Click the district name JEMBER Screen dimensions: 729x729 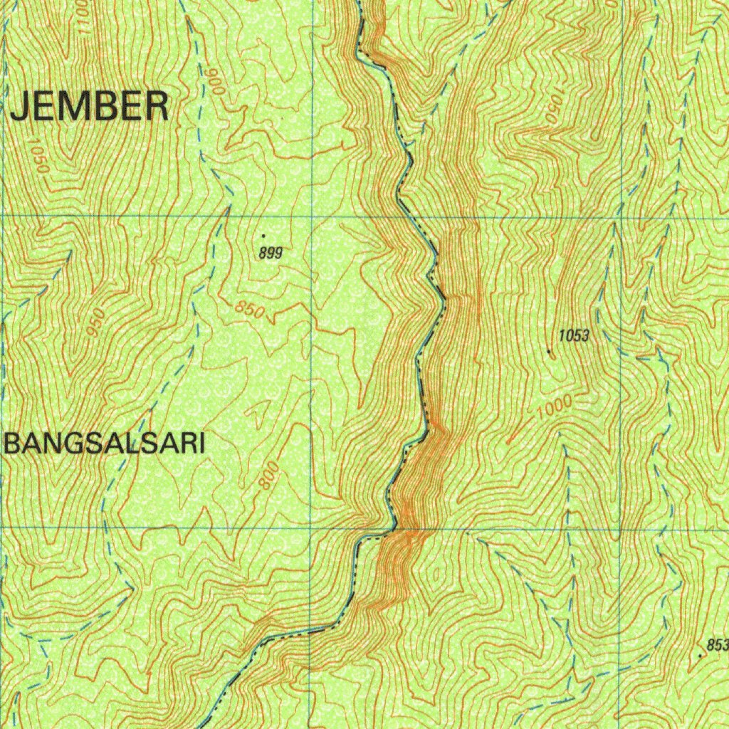coord(90,107)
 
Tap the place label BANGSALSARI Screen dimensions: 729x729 coord(105,445)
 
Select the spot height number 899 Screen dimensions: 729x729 coord(271,252)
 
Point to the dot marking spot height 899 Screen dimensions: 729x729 coord(264,234)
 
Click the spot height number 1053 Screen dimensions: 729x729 coord(574,336)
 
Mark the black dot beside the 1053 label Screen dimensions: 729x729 coord(549,351)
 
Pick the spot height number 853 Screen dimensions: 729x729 coord(718,645)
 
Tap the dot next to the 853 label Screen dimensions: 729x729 coord(702,655)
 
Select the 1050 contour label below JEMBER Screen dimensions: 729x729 coord(39,157)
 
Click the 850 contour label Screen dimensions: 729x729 coord(250,310)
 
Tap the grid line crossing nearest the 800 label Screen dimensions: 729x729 coord(311,528)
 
